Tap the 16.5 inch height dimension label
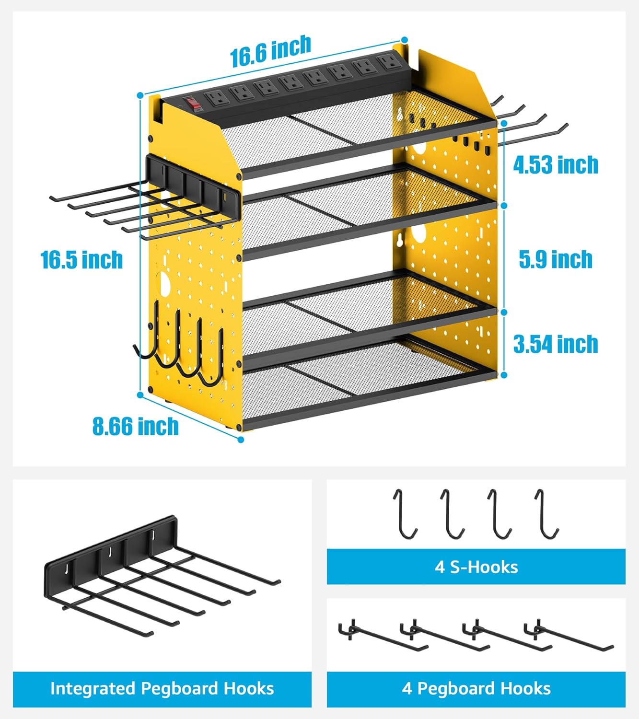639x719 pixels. pos(82,260)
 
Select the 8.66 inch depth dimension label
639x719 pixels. pos(135,426)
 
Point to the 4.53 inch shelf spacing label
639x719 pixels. pos(556,165)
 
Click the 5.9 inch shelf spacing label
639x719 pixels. pos(556,259)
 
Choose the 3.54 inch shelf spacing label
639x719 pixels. pos(556,344)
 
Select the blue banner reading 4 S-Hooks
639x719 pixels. pos(476,567)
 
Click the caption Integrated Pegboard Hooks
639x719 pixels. pos(162,689)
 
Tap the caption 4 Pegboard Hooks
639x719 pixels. pos(476,689)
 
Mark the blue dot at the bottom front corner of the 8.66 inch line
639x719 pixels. pos(241,440)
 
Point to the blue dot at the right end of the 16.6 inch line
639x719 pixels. pos(405,39)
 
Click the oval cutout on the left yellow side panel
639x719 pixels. pos(165,283)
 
